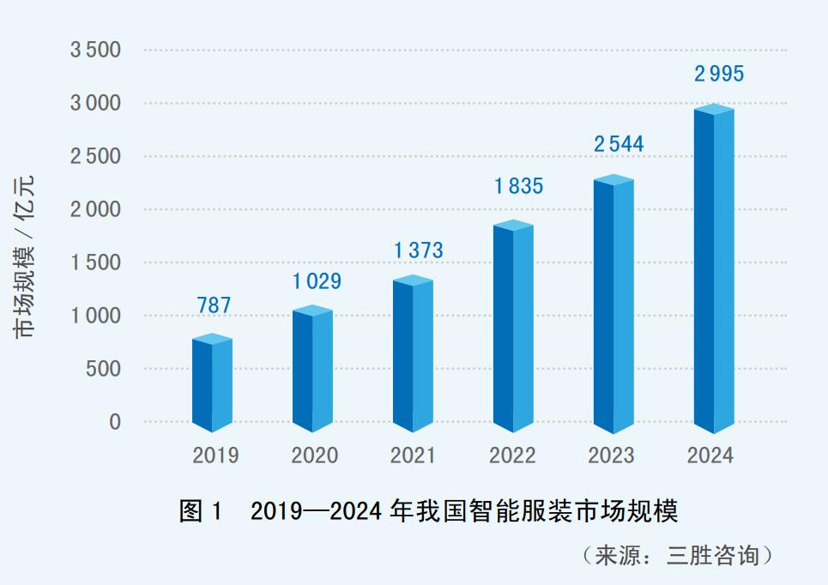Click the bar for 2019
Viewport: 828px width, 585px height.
coord(212,383)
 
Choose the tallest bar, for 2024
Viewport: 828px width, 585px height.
coord(714,269)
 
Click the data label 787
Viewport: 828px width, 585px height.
coord(213,305)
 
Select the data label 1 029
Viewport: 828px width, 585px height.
coord(317,280)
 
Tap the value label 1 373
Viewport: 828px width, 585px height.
coord(418,250)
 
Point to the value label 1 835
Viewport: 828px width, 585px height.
coord(518,185)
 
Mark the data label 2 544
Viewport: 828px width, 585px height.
coord(619,143)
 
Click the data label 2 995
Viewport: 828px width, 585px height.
coord(719,74)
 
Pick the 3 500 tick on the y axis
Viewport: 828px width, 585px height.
coord(95,50)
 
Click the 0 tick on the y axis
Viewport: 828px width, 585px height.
coord(114,422)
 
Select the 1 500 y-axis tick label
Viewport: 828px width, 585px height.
coord(95,262)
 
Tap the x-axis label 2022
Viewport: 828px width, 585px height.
coord(512,455)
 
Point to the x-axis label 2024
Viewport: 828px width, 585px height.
coord(710,455)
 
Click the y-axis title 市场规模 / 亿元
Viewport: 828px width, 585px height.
coord(27,256)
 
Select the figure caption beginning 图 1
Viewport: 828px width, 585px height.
coord(428,512)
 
